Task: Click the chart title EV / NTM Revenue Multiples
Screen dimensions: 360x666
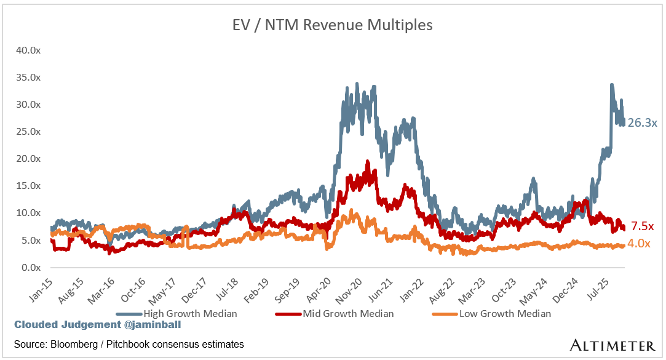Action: tap(333, 25)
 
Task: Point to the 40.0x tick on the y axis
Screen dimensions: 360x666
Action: tap(28, 50)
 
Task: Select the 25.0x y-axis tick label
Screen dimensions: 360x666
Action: tap(28, 132)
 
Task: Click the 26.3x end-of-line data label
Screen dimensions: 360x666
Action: tap(642, 122)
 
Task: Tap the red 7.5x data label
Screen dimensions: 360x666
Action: tap(643, 226)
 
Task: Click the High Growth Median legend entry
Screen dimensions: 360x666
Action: tap(189, 313)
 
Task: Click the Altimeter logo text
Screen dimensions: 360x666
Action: tap(611, 344)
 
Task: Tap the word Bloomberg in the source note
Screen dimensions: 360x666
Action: tap(74, 344)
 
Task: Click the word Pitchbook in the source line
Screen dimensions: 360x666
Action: tap(125, 344)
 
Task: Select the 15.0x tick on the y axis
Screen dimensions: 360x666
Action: tap(28, 186)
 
